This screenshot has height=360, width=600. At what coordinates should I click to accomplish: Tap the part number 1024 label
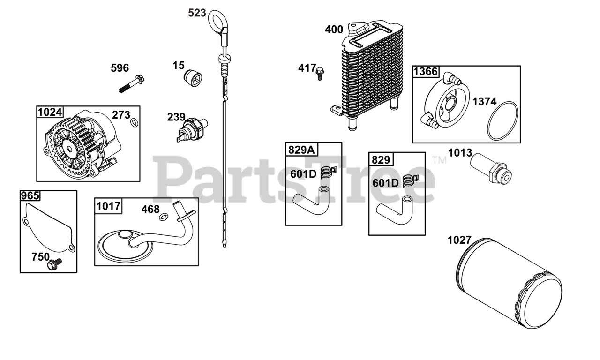50,112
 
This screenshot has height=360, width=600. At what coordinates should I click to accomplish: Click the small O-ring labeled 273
134,122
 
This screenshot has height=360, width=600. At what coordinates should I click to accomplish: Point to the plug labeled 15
192,77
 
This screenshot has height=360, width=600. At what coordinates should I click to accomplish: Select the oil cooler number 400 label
334,30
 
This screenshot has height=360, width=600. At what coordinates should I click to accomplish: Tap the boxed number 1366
425,72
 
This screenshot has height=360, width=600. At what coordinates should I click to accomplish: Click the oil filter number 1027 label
459,240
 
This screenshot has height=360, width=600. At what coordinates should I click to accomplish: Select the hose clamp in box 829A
327,173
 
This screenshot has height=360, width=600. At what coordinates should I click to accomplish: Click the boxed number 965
30,196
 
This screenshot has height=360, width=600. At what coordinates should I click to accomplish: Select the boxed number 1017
108,206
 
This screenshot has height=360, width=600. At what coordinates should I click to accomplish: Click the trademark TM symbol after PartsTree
440,160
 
